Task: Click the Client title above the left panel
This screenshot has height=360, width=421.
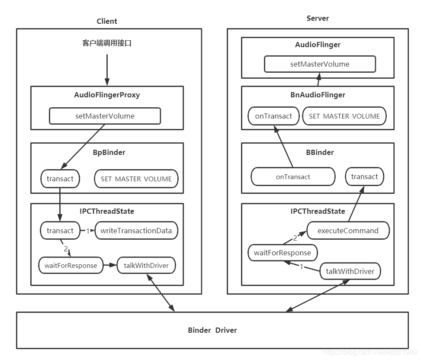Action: (107, 21)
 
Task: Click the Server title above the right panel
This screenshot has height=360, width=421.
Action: (318, 18)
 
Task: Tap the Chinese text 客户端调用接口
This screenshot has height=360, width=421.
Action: (107, 43)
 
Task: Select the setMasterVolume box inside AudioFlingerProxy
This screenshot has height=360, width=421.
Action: (105, 116)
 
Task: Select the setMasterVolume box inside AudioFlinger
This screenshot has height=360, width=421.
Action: (320, 64)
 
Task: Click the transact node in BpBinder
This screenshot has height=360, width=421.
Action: (60, 179)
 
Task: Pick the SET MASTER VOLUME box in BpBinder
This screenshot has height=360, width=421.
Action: (136, 179)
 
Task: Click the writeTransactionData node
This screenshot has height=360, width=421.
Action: (136, 231)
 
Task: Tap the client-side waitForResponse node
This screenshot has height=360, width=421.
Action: (71, 265)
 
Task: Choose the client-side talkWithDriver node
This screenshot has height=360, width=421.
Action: (146, 265)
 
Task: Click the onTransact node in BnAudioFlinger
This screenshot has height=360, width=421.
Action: (273, 116)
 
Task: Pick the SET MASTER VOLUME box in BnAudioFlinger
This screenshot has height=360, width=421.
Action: (344, 116)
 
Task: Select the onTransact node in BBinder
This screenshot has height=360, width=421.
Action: (293, 177)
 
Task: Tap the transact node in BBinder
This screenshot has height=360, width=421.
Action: (364, 177)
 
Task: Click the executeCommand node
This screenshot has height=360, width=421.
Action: (348, 231)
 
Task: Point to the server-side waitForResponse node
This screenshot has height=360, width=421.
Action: (283, 253)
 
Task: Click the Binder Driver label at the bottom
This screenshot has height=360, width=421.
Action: (212, 330)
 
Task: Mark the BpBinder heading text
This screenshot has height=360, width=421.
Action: (107, 152)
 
